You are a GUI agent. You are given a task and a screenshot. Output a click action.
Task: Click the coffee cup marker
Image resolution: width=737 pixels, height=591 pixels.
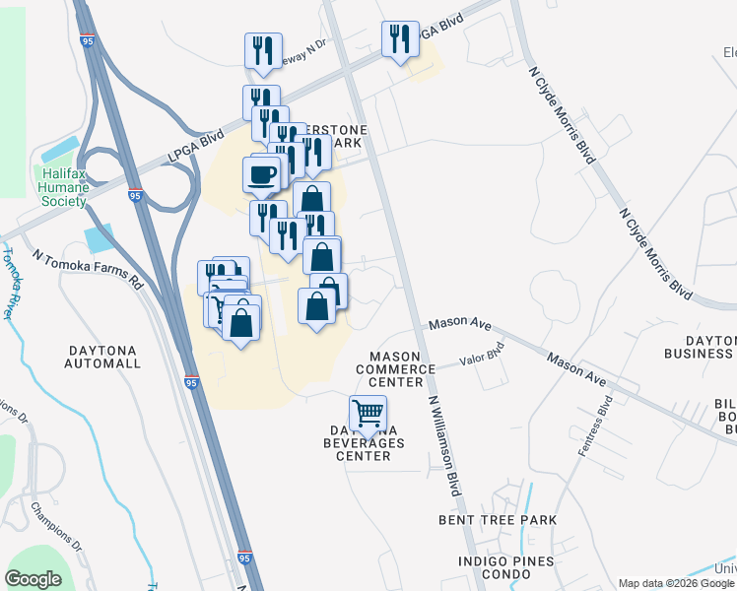tap(261, 175)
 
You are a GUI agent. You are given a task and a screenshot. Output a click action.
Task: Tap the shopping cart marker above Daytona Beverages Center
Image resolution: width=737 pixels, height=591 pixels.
tap(368, 412)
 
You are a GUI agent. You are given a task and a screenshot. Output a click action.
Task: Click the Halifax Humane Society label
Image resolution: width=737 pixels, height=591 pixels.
tap(63, 187)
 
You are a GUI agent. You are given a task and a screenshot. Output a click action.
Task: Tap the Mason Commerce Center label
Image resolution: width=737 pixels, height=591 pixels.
tap(402, 369)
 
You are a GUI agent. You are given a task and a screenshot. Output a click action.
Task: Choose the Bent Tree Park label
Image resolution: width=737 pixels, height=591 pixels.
tap(499, 519)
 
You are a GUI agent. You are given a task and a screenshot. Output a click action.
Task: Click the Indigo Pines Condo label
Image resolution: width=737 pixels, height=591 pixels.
tap(505, 568)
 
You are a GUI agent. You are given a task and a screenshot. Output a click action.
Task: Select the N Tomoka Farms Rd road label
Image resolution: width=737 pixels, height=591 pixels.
tap(87, 266)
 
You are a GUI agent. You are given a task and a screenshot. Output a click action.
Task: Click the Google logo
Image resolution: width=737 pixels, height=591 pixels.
tap(33, 579)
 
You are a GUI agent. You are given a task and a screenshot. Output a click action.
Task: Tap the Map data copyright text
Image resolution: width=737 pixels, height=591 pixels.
tap(676, 583)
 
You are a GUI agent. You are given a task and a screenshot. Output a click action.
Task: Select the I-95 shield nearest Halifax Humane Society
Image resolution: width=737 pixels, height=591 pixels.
tap(136, 196)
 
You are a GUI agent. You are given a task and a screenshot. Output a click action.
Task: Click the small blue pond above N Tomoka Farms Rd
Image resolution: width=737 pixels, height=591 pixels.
tap(99, 238)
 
